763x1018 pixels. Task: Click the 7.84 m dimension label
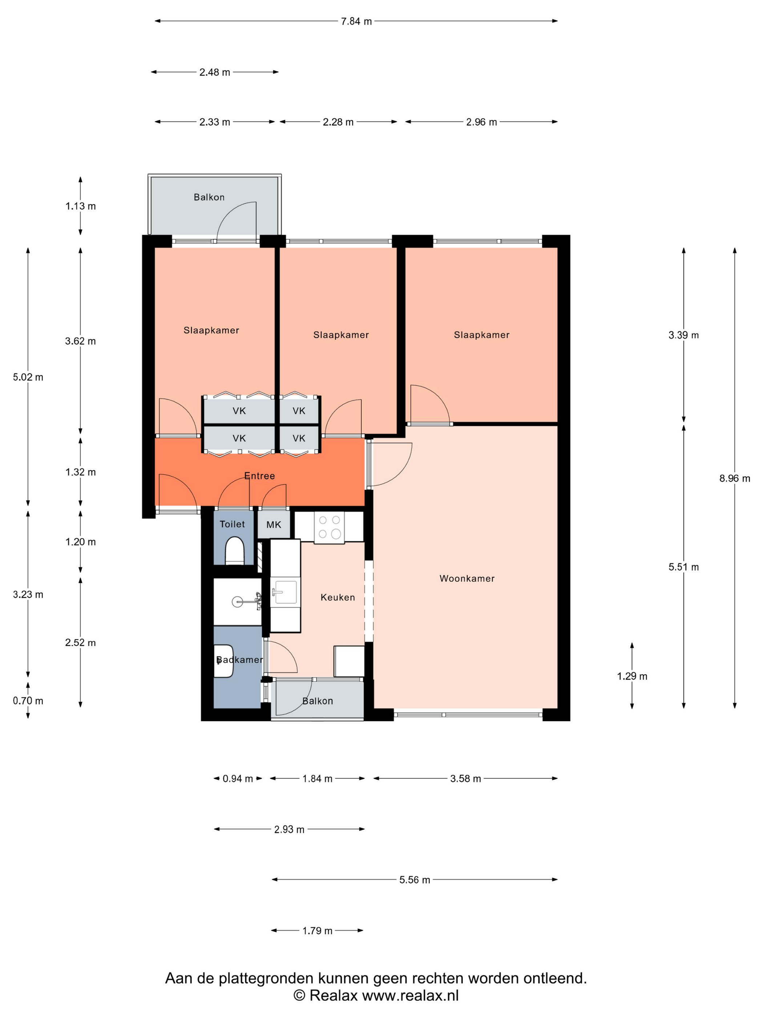click(356, 21)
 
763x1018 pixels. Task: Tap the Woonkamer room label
click(467, 578)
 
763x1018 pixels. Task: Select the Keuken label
click(338, 597)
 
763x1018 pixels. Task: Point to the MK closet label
click(274, 525)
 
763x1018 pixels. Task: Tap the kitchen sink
click(285, 592)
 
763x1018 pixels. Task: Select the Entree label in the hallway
click(259, 476)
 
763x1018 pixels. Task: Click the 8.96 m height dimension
click(735, 478)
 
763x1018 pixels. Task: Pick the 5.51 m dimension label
click(683, 567)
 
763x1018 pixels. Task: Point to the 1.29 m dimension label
click(632, 676)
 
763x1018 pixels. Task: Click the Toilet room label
click(232, 524)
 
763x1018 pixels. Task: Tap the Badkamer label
click(239, 660)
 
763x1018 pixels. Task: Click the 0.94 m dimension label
click(238, 779)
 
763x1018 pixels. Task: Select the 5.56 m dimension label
click(415, 880)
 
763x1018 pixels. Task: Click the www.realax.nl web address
click(411, 995)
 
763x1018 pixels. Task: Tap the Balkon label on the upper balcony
click(209, 197)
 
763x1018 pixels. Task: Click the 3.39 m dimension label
click(683, 335)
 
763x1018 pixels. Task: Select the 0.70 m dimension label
click(28, 701)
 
